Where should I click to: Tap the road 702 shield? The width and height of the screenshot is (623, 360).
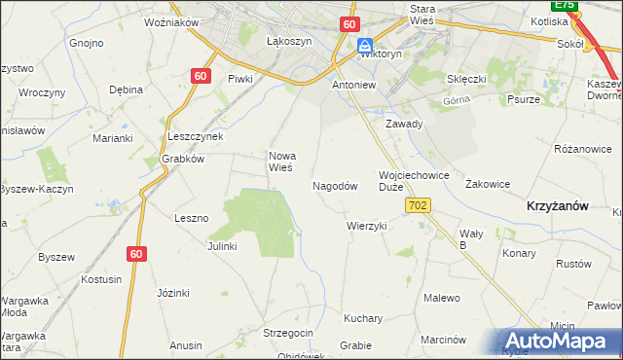[x=420, y=205]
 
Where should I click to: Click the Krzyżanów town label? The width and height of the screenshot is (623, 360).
[x=557, y=206]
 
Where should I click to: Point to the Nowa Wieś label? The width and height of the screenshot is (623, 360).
[x=281, y=162]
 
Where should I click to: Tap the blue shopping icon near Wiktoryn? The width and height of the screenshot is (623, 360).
[x=365, y=46]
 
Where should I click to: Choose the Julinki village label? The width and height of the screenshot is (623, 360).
[x=222, y=246]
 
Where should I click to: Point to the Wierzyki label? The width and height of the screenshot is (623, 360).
[x=367, y=226]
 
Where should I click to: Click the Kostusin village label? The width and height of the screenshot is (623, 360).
[x=101, y=279]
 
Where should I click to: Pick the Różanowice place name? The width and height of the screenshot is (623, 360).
[x=582, y=150]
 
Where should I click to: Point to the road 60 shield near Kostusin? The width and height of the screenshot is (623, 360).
[x=136, y=254]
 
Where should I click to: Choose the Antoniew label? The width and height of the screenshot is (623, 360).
[x=353, y=85]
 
